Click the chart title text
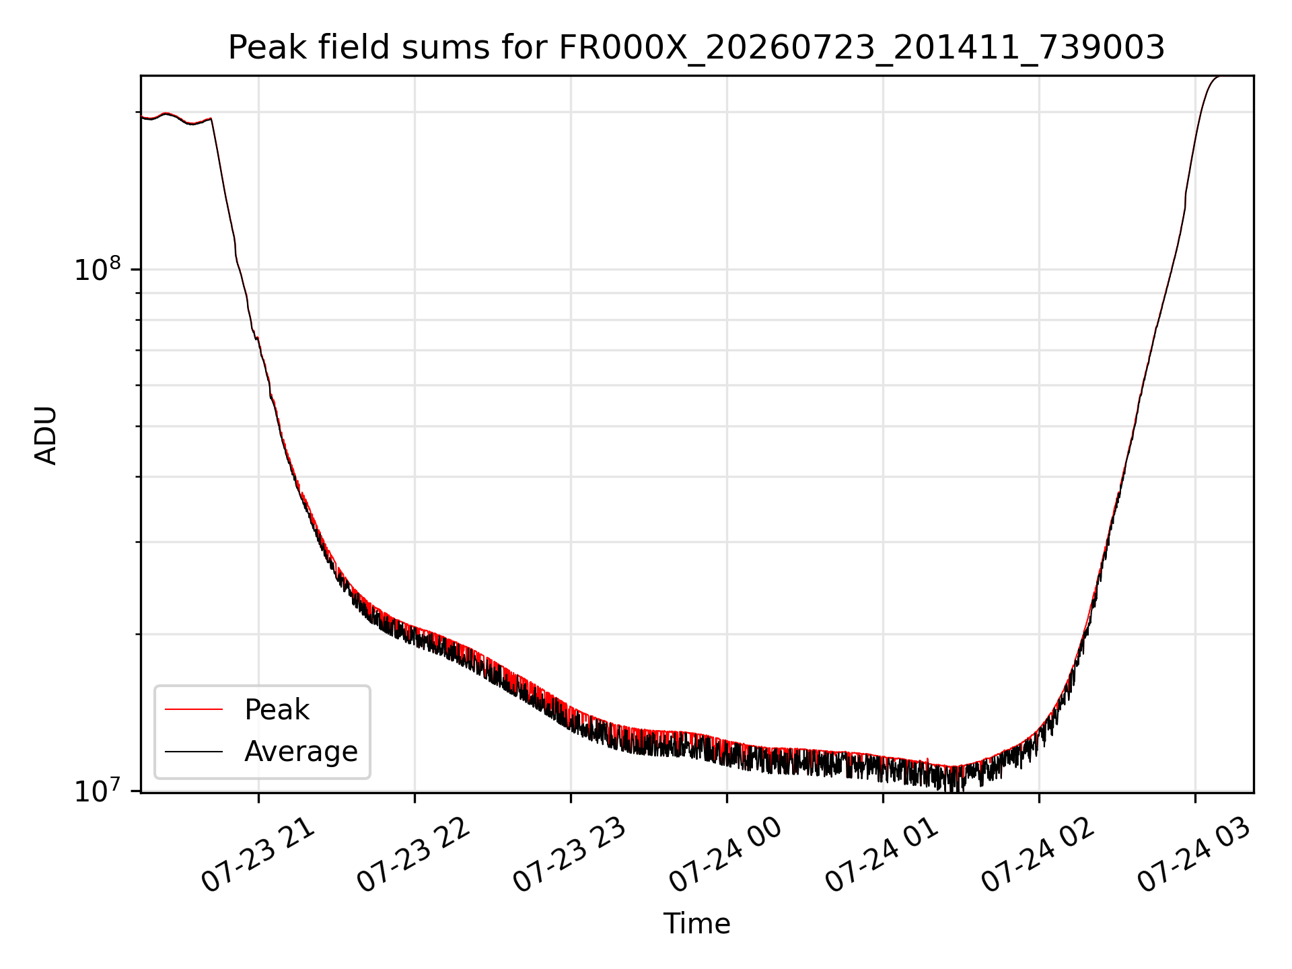[696, 48]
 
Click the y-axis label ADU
[46, 435]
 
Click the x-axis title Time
[696, 924]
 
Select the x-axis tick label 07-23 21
[259, 855]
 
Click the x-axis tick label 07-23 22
[415, 855]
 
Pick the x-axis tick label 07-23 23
[571, 855]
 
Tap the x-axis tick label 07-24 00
[727, 855]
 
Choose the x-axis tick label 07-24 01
[883, 855]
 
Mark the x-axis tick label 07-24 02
[1039, 855]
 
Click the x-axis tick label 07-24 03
[1195, 855]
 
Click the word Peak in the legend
[277, 710]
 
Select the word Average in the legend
[301, 752]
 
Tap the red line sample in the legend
[194, 709]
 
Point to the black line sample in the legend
[194, 751]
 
